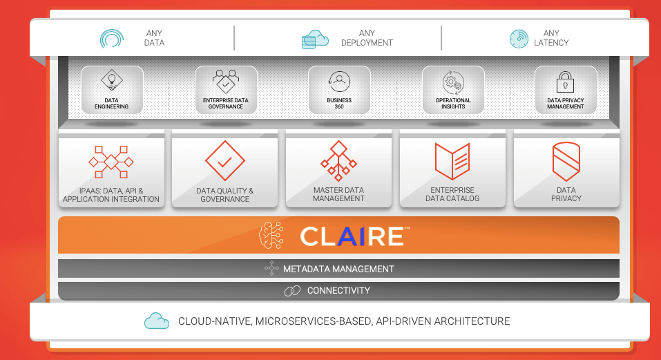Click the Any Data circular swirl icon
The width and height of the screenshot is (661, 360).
111,38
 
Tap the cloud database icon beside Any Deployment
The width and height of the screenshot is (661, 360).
315,39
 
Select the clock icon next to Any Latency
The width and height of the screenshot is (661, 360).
519,39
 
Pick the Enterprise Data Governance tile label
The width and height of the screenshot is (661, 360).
226,104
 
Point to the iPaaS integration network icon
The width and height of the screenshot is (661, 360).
111,162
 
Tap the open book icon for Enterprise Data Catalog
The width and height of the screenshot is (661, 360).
452,161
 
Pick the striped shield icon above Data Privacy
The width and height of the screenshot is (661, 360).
566,161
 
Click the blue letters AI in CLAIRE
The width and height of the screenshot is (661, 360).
346,236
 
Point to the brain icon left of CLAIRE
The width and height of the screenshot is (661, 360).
271,236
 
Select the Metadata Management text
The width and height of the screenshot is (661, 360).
338,269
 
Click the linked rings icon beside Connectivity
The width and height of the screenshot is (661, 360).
292,291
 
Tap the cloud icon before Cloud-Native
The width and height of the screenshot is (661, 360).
157,321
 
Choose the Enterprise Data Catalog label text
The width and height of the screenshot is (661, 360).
452,194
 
